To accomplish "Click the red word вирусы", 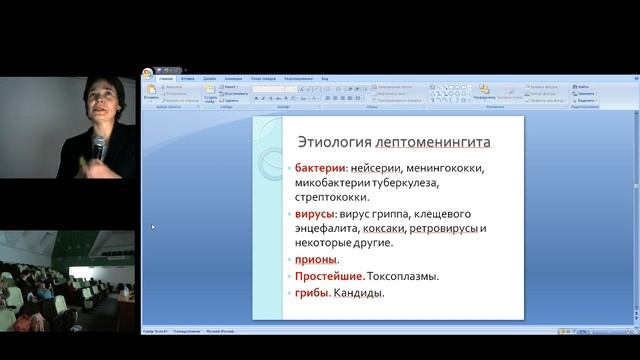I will [315, 214].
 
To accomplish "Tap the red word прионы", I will [316, 260].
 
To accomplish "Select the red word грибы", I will [312, 293].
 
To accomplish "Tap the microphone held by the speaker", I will [98, 148].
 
